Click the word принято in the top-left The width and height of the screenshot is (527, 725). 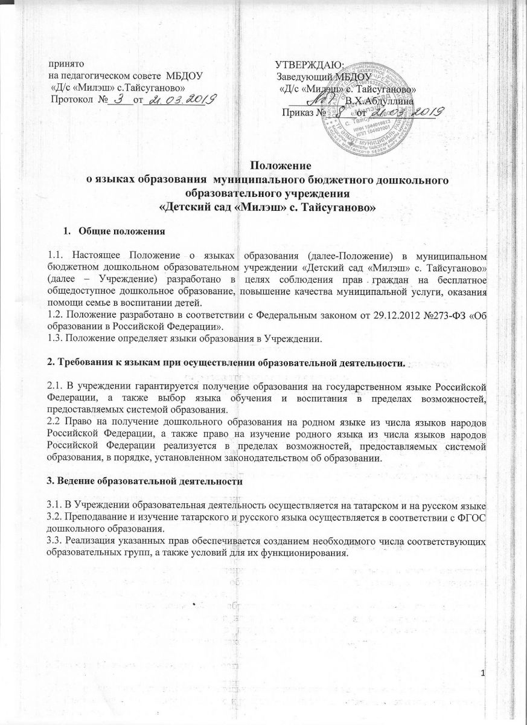67,64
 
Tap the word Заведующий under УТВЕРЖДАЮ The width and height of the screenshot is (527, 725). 309,77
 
